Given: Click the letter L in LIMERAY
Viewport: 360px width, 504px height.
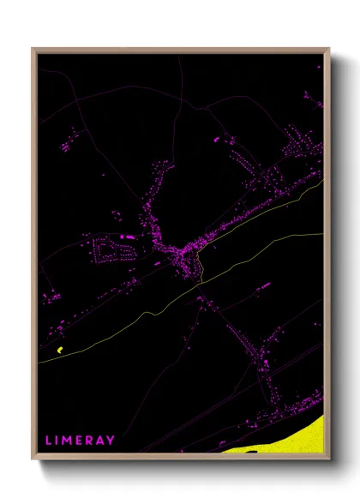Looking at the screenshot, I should click(49, 440).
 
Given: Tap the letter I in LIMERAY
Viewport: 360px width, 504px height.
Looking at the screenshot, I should click(58, 440).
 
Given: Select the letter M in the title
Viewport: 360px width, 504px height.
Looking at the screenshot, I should click(69, 440).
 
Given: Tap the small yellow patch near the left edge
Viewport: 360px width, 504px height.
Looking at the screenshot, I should click(59, 350).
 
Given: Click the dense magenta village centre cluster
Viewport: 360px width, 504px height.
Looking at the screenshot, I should click(183, 257).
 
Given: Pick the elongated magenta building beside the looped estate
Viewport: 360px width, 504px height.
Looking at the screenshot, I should click(127, 236).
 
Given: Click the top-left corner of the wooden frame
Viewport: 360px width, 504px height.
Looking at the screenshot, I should click(33, 50).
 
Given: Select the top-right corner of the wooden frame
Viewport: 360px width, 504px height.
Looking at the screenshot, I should click(328, 50).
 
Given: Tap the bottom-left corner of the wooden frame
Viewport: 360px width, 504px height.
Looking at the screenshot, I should click(33, 459).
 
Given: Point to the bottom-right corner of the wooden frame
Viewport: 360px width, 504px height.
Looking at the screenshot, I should click(328, 459).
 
